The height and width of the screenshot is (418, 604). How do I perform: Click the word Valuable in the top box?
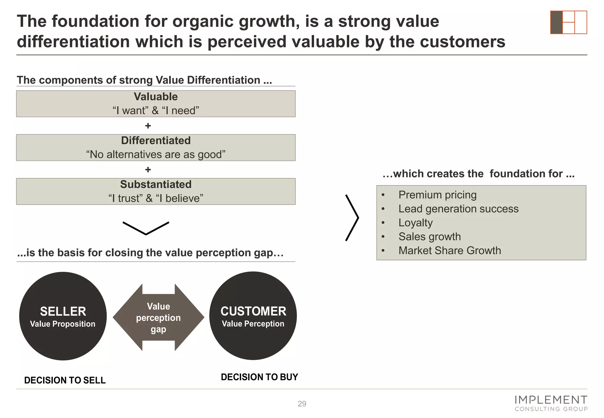[156, 97]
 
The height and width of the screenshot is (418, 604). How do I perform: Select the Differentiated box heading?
[156, 141]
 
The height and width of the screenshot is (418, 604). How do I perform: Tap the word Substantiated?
[156, 185]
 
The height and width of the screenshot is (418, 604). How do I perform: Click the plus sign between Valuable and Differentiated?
[148, 126]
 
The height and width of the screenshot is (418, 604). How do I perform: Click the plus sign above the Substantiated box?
[148, 169]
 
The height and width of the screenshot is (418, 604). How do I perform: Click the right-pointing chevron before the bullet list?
[352, 218]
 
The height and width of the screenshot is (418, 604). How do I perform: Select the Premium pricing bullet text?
[437, 195]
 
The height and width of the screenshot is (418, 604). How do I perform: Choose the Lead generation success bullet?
[458, 209]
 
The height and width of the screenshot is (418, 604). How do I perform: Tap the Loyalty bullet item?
[416, 223]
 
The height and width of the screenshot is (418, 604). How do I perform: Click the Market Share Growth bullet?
[449, 251]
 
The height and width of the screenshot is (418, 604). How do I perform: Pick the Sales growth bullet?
[429, 237]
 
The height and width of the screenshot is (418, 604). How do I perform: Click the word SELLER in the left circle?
[63, 311]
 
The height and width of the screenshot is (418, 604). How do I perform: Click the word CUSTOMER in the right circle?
[253, 311]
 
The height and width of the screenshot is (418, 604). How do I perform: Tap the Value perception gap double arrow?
[158, 317]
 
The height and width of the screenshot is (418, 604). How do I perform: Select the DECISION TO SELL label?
[65, 380]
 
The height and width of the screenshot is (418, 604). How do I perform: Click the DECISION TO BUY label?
[259, 377]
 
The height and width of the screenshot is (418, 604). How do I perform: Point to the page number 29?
[302, 404]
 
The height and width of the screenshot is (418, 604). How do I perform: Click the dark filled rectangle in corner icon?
[557, 22]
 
